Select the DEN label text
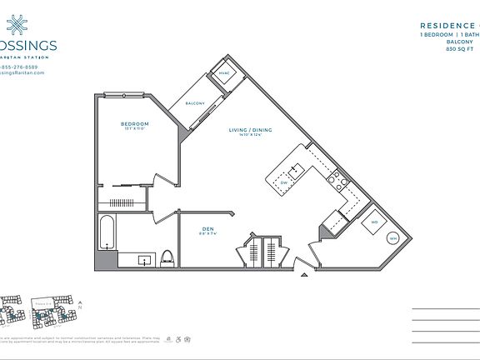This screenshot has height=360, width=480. [x=208, y=228]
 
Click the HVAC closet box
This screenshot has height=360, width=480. [x=224, y=73]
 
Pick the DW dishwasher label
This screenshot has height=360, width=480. [x=283, y=181]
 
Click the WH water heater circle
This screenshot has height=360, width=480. [x=392, y=238]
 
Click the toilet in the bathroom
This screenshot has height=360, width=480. [x=166, y=257]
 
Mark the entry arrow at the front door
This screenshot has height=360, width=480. [x=305, y=272]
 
